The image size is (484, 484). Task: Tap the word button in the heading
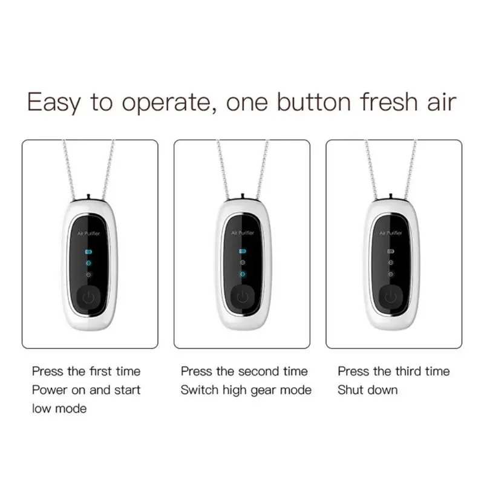(313, 101)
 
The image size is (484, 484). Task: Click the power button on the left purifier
(88, 297)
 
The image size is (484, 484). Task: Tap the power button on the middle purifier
(243, 297)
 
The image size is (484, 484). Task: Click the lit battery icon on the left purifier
(88, 252)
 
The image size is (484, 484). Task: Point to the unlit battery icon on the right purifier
(391, 251)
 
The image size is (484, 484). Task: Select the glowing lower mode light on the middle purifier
(243, 274)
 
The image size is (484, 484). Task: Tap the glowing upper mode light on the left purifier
(88, 263)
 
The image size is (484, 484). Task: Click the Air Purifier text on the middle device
(243, 233)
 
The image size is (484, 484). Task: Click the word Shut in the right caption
(350, 390)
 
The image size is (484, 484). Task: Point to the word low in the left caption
(41, 409)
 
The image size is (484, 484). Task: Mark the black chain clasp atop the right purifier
(391, 198)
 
